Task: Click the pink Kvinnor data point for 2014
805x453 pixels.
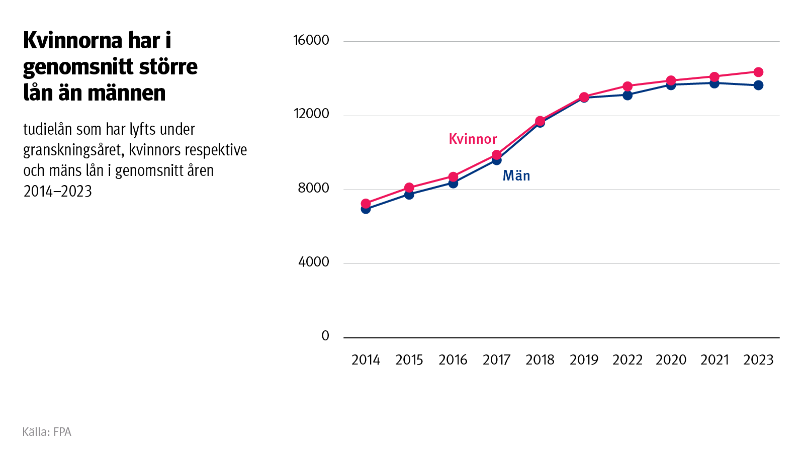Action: tap(366, 204)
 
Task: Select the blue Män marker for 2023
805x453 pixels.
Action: tap(758, 85)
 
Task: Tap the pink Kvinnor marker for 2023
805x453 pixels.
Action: tap(758, 72)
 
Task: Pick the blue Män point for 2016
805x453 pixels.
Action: tap(453, 183)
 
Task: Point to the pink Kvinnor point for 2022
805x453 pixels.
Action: tap(628, 86)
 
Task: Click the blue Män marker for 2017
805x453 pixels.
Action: tap(497, 160)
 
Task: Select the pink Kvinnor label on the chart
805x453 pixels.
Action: tap(473, 139)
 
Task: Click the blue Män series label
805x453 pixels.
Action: tap(516, 175)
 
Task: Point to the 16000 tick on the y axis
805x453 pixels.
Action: tap(311, 40)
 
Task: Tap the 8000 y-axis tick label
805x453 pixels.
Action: tap(313, 188)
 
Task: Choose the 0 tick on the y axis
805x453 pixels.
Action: tap(325, 336)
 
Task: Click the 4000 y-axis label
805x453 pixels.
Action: tap(313, 262)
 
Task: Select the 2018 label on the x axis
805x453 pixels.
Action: tap(540, 360)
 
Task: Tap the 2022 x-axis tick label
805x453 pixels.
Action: tap(628, 360)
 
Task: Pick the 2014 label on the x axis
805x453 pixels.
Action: tap(366, 360)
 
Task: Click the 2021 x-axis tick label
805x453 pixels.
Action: tap(714, 360)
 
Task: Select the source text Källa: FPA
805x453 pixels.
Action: tap(47, 432)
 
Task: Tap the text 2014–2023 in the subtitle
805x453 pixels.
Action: tap(58, 192)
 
